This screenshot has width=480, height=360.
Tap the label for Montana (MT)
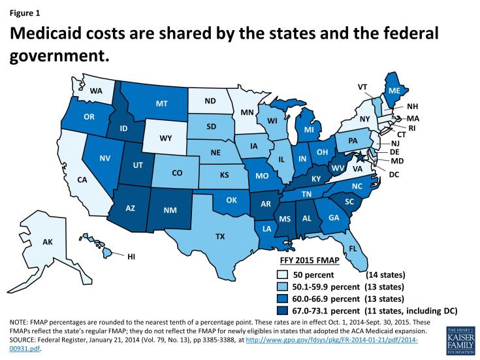(x=162, y=103)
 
